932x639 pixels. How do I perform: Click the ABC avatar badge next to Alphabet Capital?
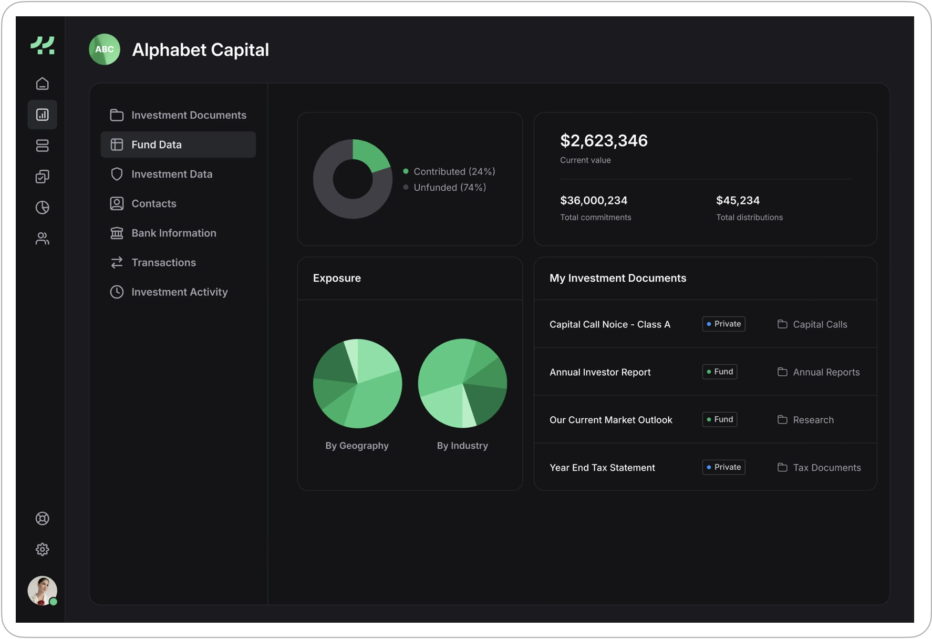pyautogui.click(x=105, y=49)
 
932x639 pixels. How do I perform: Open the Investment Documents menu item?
pyautogui.click(x=188, y=115)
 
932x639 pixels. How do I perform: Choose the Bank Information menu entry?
pyautogui.click(x=173, y=233)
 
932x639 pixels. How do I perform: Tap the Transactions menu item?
pyautogui.click(x=163, y=262)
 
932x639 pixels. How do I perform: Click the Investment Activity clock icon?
pyautogui.click(x=117, y=292)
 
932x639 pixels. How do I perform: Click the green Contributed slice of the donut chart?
pyautogui.click(x=370, y=155)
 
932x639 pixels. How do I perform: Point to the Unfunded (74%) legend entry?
pyautogui.click(x=449, y=188)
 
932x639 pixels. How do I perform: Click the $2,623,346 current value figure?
pyautogui.click(x=604, y=141)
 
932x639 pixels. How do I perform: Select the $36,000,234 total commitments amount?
pyautogui.click(x=594, y=200)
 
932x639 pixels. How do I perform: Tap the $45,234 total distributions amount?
pyautogui.click(x=738, y=200)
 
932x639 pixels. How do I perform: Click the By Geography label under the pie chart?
pyautogui.click(x=357, y=446)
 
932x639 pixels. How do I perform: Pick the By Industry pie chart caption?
pyautogui.click(x=462, y=446)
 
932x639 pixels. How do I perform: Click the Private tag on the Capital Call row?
pyautogui.click(x=723, y=324)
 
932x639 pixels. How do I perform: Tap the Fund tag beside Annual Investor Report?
pyautogui.click(x=719, y=372)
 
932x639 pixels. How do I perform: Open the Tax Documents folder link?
pyautogui.click(x=826, y=468)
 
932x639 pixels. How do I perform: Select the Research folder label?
pyautogui.click(x=813, y=420)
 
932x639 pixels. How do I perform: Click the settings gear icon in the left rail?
pyautogui.click(x=43, y=550)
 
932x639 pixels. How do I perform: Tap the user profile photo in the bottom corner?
pyautogui.click(x=42, y=590)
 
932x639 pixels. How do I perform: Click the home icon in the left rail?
pyautogui.click(x=43, y=84)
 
